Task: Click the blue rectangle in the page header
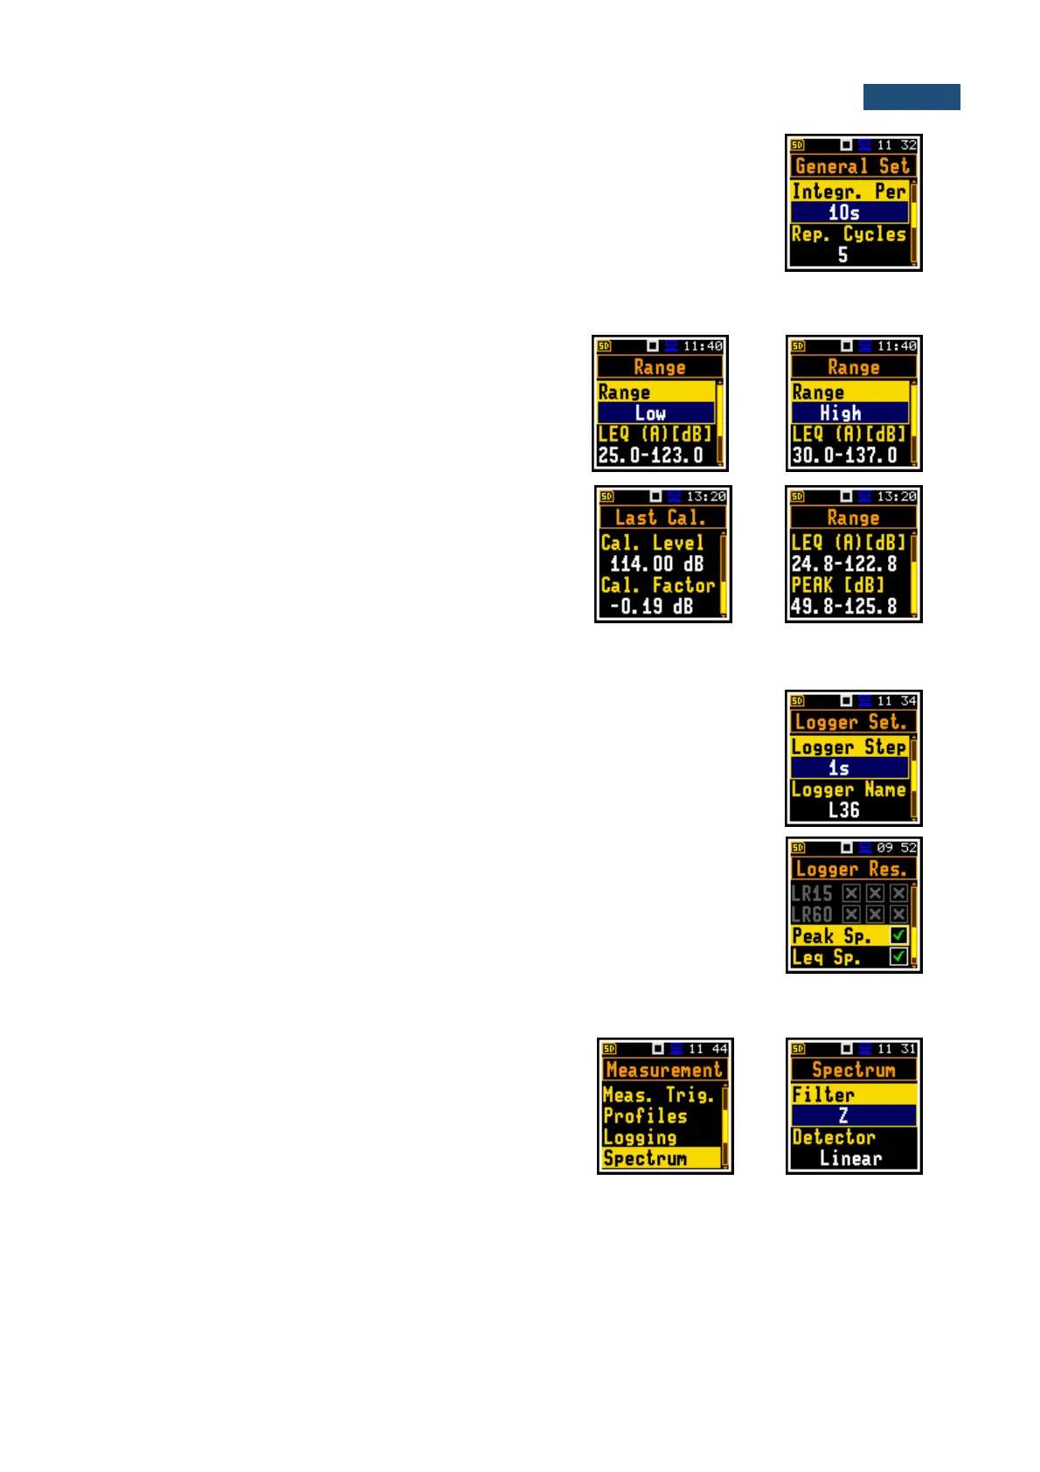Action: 911,97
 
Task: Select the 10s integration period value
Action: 844,212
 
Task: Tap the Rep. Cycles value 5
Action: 842,255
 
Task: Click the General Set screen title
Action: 852,166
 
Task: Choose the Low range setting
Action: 651,413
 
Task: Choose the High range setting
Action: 841,413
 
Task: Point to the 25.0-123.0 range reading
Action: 651,455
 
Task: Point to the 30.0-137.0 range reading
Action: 844,455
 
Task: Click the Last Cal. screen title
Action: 660,517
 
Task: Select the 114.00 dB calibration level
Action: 657,565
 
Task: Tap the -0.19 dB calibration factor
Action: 652,607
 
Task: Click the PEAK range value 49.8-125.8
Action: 844,607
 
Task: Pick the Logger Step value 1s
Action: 839,768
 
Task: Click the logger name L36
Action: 844,810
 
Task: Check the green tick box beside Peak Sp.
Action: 898,935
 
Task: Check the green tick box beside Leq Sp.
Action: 898,957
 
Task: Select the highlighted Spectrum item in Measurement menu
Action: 647,1158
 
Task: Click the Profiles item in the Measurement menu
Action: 646,1116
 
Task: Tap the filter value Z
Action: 843,1115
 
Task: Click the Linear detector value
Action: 850,1158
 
